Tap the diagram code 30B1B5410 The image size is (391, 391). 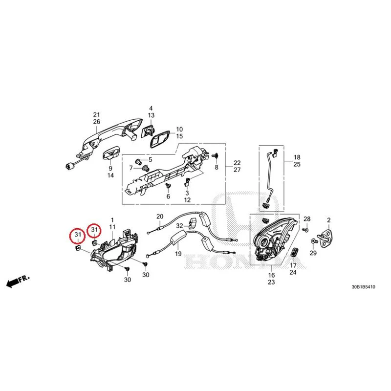tap(363, 287)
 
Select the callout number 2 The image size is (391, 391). tap(328, 220)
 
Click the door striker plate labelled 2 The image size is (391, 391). tap(326, 238)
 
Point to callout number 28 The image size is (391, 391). tap(307, 219)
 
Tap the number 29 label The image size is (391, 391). tap(313, 253)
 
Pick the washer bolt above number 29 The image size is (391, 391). tap(314, 241)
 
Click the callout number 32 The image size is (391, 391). tap(179, 226)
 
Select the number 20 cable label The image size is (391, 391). tap(160, 217)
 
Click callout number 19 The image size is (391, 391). tap(178, 254)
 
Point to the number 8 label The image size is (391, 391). tap(217, 167)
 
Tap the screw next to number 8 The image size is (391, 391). tap(215, 155)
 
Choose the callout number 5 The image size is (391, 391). tap(150, 160)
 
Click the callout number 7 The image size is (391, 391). tap(131, 168)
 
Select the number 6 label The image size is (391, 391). tap(168, 196)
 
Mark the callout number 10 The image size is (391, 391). tap(179, 129)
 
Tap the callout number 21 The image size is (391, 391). tap(96, 115)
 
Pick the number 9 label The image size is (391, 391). tap(110, 169)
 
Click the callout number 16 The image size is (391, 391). tap(271, 275)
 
